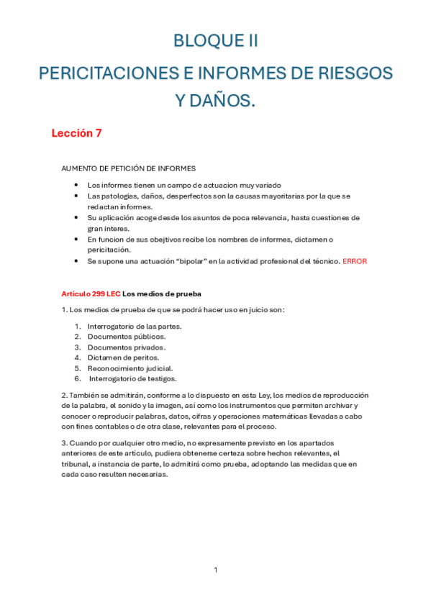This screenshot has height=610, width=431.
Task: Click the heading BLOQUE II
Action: point(215,42)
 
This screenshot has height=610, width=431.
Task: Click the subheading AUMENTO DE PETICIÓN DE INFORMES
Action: point(128,168)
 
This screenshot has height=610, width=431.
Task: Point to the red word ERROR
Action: point(355,261)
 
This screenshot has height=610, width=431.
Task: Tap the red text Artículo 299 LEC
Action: point(91,293)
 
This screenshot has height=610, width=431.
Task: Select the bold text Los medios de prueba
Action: point(163,293)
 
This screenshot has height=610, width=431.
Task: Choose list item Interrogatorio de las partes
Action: point(135,326)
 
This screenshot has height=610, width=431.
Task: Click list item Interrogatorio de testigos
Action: point(133,378)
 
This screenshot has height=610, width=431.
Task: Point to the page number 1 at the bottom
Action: point(216,570)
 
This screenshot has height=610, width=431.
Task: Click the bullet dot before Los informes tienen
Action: point(76,185)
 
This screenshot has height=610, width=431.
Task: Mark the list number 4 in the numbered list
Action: point(76,357)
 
